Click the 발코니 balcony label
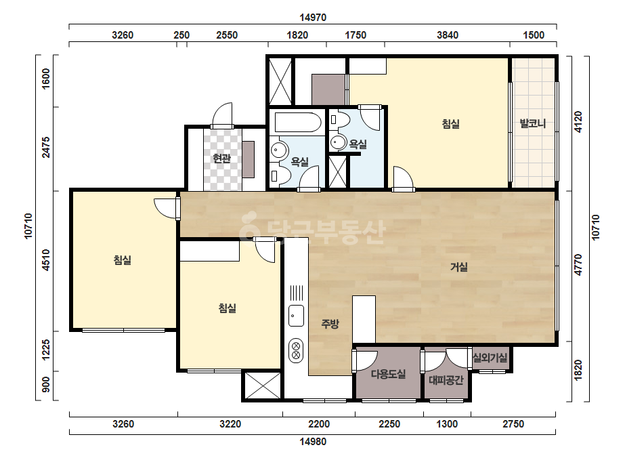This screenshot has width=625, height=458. pos(532,123)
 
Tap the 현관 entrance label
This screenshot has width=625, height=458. pos(221,159)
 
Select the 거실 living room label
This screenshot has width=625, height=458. pos(459,266)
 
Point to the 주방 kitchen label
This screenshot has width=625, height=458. pos(330,324)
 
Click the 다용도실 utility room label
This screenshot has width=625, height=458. pos(388,374)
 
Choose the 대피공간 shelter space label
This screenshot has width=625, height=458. pos(446,380)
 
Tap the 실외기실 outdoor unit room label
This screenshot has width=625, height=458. pos(490,358)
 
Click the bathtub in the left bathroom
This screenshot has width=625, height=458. pos(297,122)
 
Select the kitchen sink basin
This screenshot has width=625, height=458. pos(296,316)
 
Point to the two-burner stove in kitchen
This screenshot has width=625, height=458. pos(296,350)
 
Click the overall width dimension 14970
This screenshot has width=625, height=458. pos(313,18)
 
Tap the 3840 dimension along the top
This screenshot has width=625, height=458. pos(447,35)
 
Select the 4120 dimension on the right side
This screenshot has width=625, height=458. pos(578,122)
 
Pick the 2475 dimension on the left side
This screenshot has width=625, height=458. pos(46,147)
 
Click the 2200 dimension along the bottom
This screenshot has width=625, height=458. pos(319,423)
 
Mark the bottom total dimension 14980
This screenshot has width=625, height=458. pos(313,442)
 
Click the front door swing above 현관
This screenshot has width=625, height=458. pos(222,116)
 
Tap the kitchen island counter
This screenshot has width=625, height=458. pos(364,319)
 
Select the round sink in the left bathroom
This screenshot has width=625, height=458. pos(278,150)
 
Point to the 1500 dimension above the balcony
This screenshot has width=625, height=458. pos(534,35)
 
